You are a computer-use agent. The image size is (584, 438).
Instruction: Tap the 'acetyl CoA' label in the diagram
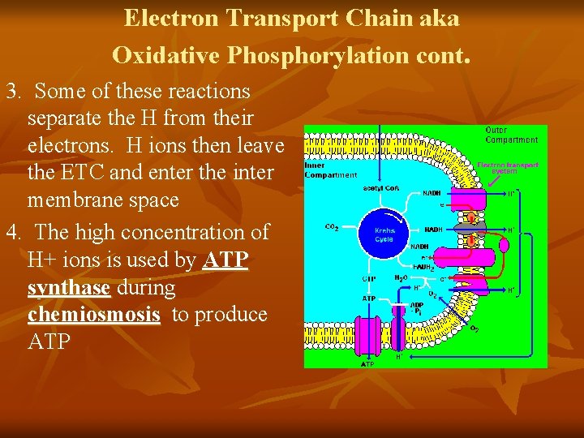(x=379, y=188)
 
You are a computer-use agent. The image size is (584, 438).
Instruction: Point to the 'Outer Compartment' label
(x=510, y=135)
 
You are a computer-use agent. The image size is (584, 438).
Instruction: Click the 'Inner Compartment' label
(x=330, y=170)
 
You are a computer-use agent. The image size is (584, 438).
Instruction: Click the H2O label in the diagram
(x=401, y=277)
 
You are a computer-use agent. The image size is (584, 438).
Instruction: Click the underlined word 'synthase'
(x=69, y=287)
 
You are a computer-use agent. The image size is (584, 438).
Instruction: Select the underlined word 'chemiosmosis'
(x=94, y=315)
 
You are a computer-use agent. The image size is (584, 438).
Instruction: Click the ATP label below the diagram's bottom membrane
(x=367, y=364)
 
